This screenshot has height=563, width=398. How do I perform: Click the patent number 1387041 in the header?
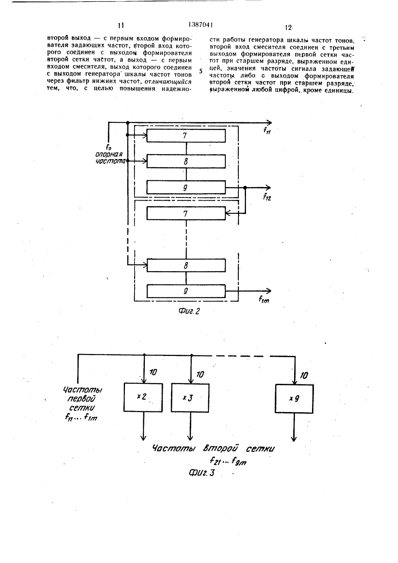[201, 25]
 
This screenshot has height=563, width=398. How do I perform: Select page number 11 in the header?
[121, 25]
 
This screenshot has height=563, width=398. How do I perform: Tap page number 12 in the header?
[288, 27]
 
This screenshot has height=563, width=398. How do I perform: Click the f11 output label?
[267, 131]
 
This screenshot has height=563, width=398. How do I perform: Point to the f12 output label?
[267, 197]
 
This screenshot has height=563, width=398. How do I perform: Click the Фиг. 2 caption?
[189, 311]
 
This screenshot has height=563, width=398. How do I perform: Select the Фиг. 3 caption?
[202, 473]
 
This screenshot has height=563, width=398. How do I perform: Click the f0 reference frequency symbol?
[109, 148]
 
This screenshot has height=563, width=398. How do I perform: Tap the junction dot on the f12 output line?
[245, 188]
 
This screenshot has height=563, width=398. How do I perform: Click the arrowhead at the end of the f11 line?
[269, 123]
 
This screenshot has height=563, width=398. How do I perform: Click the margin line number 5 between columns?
[201, 71]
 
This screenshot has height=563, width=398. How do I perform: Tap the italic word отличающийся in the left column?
[168, 82]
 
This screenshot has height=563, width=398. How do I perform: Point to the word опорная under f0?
[109, 154]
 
